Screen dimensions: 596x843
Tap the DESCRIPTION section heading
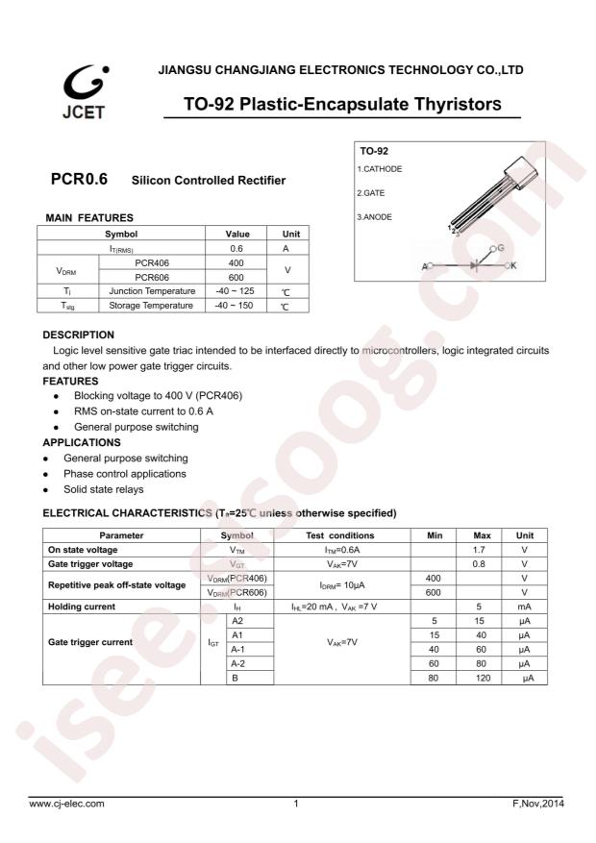(79, 335)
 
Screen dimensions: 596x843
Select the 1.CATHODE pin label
(380, 168)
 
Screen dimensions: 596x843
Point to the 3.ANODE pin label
(375, 216)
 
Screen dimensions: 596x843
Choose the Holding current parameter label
(82, 607)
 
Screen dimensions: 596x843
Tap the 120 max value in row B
(484, 679)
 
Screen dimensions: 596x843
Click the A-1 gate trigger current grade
(237, 650)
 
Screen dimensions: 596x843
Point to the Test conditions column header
(340, 534)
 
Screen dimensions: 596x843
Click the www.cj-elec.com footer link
(66, 802)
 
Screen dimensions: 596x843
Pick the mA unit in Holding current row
(525, 607)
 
